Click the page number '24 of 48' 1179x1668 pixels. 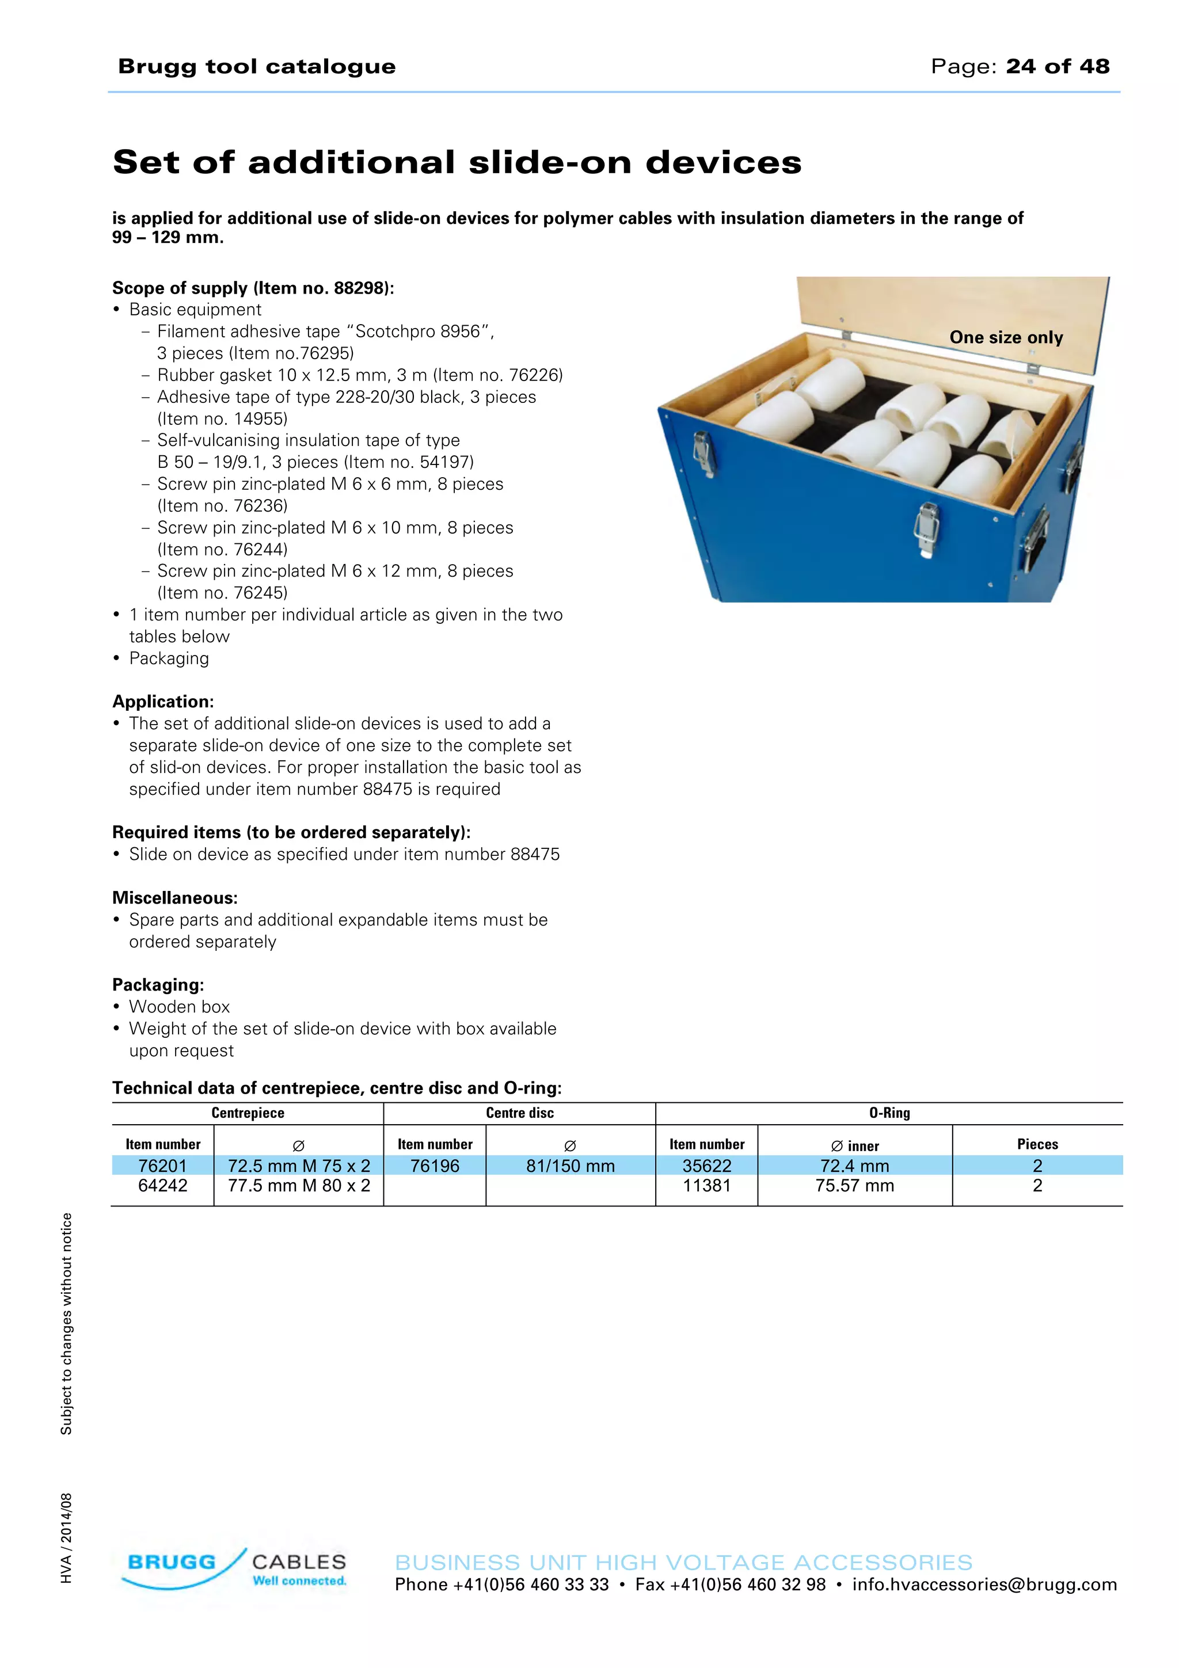point(1057,66)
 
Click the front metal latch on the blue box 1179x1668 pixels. point(927,528)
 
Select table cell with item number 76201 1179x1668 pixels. point(163,1166)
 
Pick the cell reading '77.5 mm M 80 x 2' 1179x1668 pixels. point(299,1186)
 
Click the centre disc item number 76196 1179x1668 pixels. point(435,1166)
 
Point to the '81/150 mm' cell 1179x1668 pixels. point(571,1166)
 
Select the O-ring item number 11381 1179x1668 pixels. point(706,1186)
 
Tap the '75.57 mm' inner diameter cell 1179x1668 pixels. point(854,1186)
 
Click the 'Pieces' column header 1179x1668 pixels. point(1037,1144)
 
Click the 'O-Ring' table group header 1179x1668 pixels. point(889,1113)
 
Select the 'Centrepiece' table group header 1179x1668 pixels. point(248,1113)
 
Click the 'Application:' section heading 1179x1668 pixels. point(163,702)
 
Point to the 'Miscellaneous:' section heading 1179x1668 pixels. point(174,898)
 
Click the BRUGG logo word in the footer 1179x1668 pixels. point(172,1562)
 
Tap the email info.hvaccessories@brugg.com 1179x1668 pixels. point(984,1585)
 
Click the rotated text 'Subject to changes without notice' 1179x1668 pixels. point(66,1324)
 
